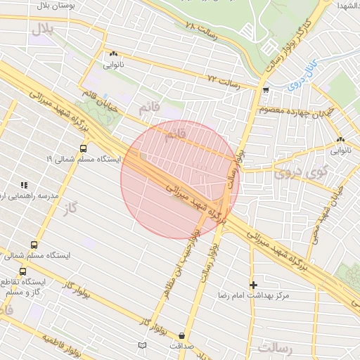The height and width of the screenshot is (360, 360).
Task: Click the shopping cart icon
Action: [x=265, y=90]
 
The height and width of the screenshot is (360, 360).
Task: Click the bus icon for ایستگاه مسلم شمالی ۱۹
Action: [x=84, y=148]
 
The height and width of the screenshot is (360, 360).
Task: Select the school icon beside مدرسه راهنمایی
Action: [x=25, y=185]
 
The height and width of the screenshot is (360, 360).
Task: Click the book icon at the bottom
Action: [x=143, y=345]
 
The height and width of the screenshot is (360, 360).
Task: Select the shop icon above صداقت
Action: [x=183, y=336]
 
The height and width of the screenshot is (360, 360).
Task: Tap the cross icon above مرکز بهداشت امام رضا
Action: [x=253, y=285]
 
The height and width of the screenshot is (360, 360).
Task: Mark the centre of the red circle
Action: [x=180, y=179]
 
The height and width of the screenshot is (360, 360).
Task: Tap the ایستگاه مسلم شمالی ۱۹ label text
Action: [x=84, y=160]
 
